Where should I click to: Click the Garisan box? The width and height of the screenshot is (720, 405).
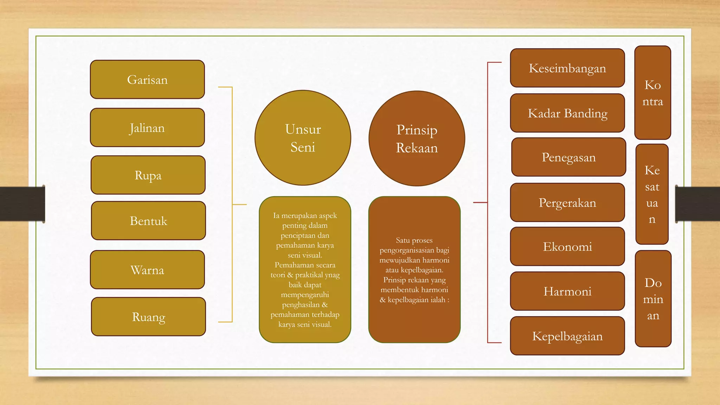(x=147, y=79)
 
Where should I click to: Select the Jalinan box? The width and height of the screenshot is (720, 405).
(x=147, y=128)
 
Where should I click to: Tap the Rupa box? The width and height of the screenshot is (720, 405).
(x=148, y=175)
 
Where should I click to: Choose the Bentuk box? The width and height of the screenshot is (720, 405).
(x=148, y=221)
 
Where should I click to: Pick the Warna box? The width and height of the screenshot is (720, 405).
(x=147, y=270)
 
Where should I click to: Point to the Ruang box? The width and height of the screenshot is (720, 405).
(x=148, y=317)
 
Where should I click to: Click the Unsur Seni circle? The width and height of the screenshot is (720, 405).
(x=303, y=138)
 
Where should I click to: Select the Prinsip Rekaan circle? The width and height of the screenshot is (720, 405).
(x=417, y=139)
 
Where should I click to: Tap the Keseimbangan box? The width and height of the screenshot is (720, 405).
(x=567, y=68)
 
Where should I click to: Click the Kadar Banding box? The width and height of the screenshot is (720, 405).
(x=567, y=113)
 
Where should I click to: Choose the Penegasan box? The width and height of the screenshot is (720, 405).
(x=569, y=157)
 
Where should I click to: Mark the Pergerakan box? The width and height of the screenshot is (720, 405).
(x=567, y=202)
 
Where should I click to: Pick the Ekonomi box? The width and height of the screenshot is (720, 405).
(x=567, y=246)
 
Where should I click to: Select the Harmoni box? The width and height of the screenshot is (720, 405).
(x=567, y=291)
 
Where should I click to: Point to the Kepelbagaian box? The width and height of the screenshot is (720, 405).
(x=567, y=336)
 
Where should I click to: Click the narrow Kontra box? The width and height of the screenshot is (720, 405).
(x=653, y=93)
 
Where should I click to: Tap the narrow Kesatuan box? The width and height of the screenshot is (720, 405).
(x=652, y=194)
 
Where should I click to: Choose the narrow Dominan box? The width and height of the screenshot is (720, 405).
(x=653, y=299)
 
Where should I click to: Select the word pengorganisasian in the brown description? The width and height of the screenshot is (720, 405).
(x=407, y=250)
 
